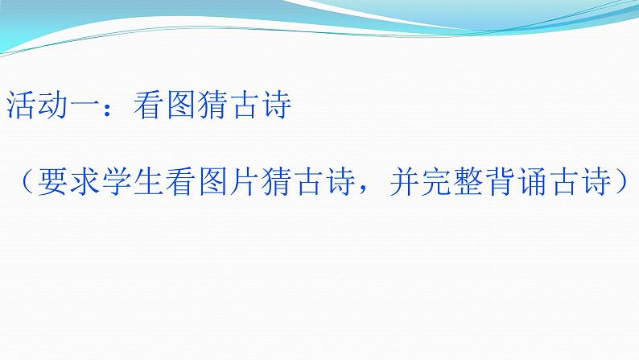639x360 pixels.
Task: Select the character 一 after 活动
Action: [x=84, y=107]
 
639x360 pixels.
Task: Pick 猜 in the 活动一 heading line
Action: [x=212, y=107]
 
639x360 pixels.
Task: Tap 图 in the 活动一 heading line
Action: [x=180, y=107]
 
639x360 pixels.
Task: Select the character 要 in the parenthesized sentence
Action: [x=52, y=184]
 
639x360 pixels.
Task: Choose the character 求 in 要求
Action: [x=84, y=184]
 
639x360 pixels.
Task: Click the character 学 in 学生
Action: [x=116, y=184]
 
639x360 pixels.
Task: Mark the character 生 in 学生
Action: [x=148, y=184]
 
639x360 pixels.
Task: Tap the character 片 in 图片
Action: [x=245, y=184]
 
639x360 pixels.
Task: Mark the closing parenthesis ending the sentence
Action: [x=625, y=184]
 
